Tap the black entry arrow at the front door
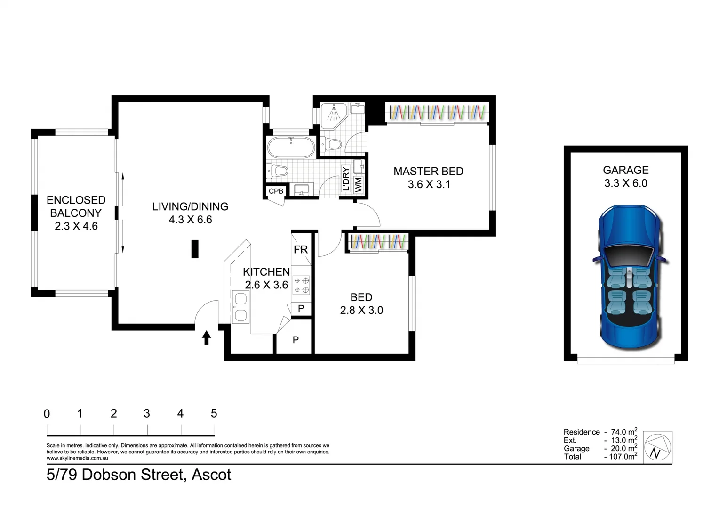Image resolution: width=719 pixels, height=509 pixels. [x=206, y=337]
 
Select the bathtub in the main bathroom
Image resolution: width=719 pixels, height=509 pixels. [x=291, y=148]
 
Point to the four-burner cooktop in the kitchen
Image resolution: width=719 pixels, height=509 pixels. [x=301, y=285]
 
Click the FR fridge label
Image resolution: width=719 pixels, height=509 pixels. [x=301, y=249]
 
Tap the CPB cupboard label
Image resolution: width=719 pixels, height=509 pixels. [x=276, y=191]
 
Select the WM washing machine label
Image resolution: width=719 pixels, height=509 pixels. [x=359, y=184]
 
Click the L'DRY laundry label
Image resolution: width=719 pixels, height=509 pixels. [x=346, y=179]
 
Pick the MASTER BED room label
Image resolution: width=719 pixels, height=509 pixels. [x=428, y=171]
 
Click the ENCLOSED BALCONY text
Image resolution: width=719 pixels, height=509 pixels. [x=76, y=206]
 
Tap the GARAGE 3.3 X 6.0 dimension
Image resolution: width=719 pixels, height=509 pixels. [x=625, y=183]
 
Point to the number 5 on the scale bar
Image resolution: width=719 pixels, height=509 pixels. [x=214, y=413]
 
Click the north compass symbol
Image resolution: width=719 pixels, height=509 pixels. [x=657, y=446]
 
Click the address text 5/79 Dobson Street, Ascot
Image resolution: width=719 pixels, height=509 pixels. [x=139, y=475]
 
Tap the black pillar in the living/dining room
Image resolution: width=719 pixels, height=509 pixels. [x=195, y=249]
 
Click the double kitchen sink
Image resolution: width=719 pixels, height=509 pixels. [x=240, y=307]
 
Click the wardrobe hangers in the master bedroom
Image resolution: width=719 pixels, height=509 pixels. [x=437, y=112]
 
